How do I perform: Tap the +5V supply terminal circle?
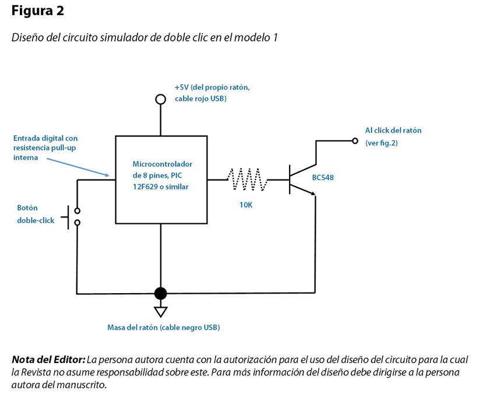(x=160, y=99)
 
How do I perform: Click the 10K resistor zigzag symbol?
(x=247, y=179)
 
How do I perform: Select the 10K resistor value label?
(x=245, y=205)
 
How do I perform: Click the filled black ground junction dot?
(x=160, y=293)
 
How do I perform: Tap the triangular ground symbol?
(x=160, y=311)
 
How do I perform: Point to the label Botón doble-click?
(x=36, y=214)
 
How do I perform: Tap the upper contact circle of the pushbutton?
(x=77, y=211)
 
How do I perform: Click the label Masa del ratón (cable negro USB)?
(x=164, y=328)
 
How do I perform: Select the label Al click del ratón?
(x=393, y=131)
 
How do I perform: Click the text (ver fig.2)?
(x=381, y=143)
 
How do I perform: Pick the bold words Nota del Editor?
(x=48, y=360)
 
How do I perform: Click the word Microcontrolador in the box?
(x=162, y=164)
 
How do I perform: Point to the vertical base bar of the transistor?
(x=290, y=179)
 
